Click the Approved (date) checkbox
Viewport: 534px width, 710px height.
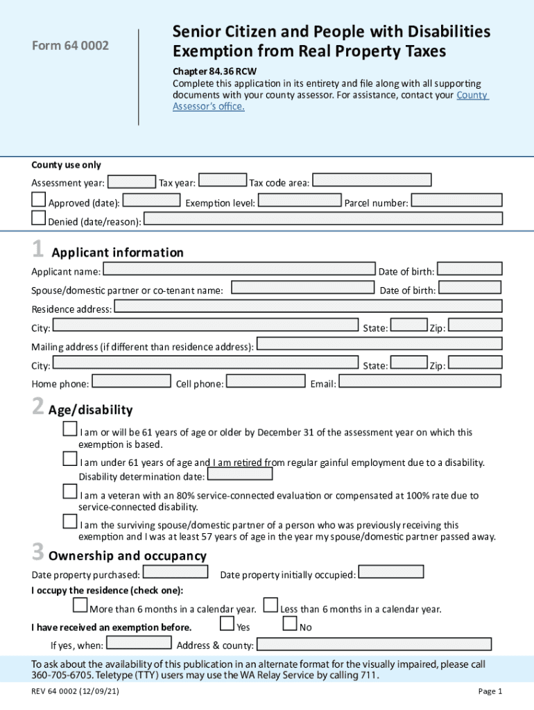click(x=38, y=200)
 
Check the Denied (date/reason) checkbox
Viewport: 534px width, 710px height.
click(x=38, y=218)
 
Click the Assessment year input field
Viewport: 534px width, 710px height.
click(x=131, y=182)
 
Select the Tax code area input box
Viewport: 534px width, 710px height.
click(x=372, y=180)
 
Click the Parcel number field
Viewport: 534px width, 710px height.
click(x=456, y=200)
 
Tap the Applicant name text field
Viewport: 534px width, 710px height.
click(x=239, y=269)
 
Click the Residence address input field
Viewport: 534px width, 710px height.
click(x=307, y=306)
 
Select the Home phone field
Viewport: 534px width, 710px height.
click(x=132, y=381)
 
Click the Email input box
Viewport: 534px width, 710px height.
click(x=420, y=381)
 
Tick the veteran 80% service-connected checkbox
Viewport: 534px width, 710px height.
click(x=69, y=492)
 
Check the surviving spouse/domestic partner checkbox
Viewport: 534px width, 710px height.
click(x=69, y=521)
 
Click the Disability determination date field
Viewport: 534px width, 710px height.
click(x=240, y=474)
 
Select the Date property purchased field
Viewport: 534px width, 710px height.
click(x=175, y=572)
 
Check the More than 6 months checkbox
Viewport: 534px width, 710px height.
click(x=80, y=606)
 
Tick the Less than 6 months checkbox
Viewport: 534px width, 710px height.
click(x=270, y=606)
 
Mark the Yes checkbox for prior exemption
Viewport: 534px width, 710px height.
click(x=227, y=624)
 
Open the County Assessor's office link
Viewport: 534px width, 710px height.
click(x=472, y=95)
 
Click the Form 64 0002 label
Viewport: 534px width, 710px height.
click(x=70, y=46)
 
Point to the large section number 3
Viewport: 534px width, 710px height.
click(x=38, y=553)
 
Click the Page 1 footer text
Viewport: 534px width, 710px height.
click(x=490, y=691)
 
